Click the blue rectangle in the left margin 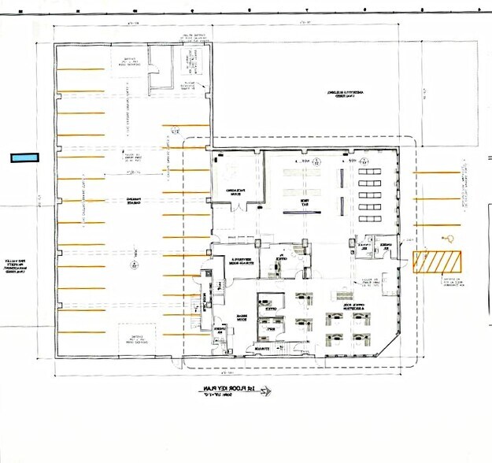(x=24, y=157)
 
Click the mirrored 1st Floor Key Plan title (x=225, y=390)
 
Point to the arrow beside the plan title (x=263, y=391)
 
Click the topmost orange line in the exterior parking (x=435, y=172)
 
